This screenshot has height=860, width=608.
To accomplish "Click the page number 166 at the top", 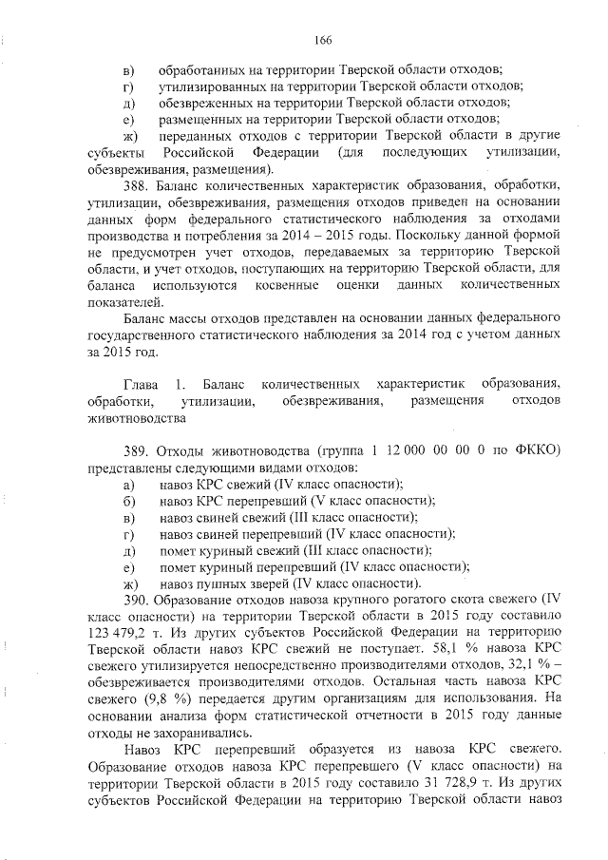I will pyautogui.click(x=322, y=39).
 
